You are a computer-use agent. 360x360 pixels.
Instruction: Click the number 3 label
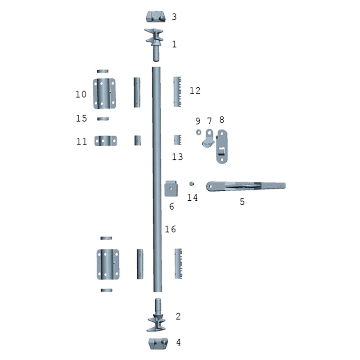174,17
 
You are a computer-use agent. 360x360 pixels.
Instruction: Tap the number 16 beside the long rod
171,229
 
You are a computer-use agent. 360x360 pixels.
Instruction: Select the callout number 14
192,198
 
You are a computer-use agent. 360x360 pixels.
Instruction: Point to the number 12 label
195,90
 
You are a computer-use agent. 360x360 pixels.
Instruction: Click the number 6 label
171,207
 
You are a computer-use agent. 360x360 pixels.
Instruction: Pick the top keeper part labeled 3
156,17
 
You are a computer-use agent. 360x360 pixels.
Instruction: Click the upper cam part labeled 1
154,45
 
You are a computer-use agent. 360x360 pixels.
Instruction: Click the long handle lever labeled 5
246,186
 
